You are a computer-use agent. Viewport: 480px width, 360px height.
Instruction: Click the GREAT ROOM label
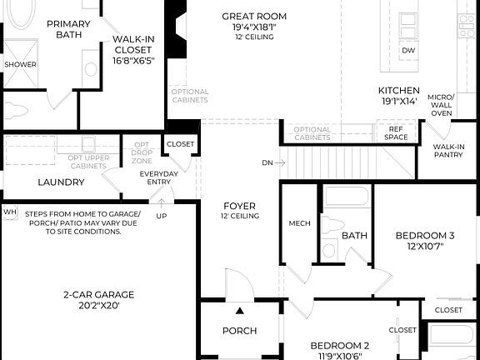[x=254, y=17]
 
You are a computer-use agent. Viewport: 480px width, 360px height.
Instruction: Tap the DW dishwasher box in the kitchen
[x=408, y=51]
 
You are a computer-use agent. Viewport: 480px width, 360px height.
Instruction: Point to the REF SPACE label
[x=397, y=132]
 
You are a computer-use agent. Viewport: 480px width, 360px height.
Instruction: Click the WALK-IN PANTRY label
[x=449, y=151]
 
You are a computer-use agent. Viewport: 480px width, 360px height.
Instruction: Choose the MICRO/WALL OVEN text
[x=441, y=105]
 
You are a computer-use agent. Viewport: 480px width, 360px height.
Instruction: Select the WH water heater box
[x=10, y=212]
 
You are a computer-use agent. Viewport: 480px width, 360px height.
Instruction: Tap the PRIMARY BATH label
[x=67, y=29]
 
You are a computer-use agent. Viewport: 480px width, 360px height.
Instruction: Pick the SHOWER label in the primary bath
[x=20, y=64]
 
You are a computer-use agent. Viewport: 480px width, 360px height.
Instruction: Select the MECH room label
[x=299, y=223]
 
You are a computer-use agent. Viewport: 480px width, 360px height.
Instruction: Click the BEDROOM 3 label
[x=425, y=236]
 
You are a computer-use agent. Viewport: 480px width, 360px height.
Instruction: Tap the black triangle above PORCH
[x=240, y=311]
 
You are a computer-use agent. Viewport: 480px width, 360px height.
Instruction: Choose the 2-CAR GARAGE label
[x=98, y=294]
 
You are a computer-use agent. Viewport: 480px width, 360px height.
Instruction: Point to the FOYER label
[x=240, y=205]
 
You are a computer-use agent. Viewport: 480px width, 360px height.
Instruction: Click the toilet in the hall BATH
[x=330, y=249]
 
